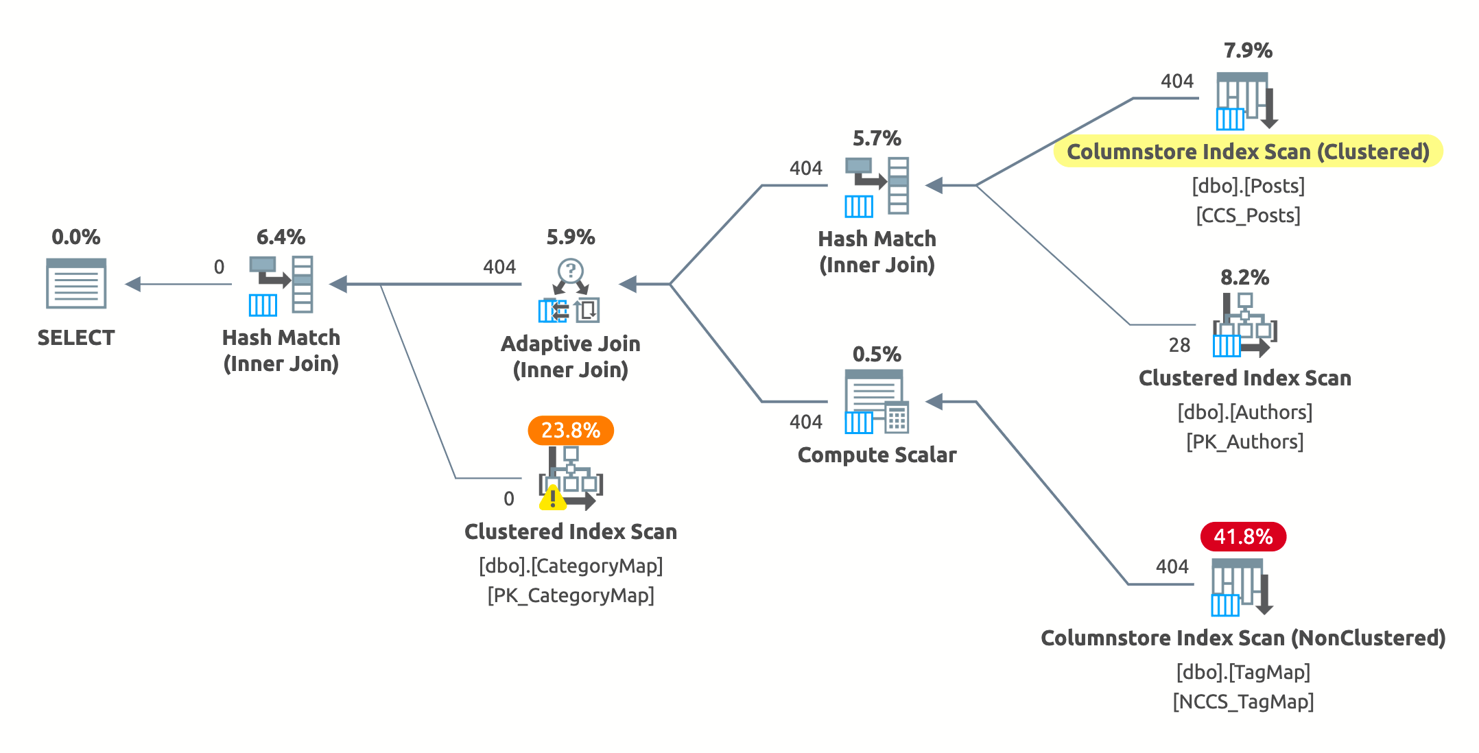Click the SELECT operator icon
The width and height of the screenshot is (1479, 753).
76,283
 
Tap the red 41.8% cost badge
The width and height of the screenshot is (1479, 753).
1243,536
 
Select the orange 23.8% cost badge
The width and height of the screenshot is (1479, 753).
570,431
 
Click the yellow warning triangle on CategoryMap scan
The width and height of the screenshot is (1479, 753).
552,499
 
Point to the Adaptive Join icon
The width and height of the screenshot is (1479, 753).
570,291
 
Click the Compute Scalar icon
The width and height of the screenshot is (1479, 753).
877,402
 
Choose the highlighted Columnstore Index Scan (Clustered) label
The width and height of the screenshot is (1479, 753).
1248,152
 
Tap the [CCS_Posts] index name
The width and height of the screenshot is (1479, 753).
1248,215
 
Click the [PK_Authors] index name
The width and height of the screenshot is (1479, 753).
1244,442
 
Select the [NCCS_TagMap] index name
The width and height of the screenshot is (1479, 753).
1243,702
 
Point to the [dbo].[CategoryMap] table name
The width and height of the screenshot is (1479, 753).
571,566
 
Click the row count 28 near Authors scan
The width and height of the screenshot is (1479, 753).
1179,345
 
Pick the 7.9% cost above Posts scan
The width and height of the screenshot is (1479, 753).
1248,50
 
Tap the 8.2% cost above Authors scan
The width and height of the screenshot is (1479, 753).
1244,277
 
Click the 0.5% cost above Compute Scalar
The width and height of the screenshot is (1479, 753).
877,354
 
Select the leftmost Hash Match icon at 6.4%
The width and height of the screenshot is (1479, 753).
281,285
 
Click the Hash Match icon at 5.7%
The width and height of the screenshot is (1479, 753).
877,186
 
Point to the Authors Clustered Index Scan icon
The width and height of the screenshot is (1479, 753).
1244,326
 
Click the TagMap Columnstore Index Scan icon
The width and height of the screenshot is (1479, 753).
1242,587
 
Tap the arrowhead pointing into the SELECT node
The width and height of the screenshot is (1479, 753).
133,284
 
